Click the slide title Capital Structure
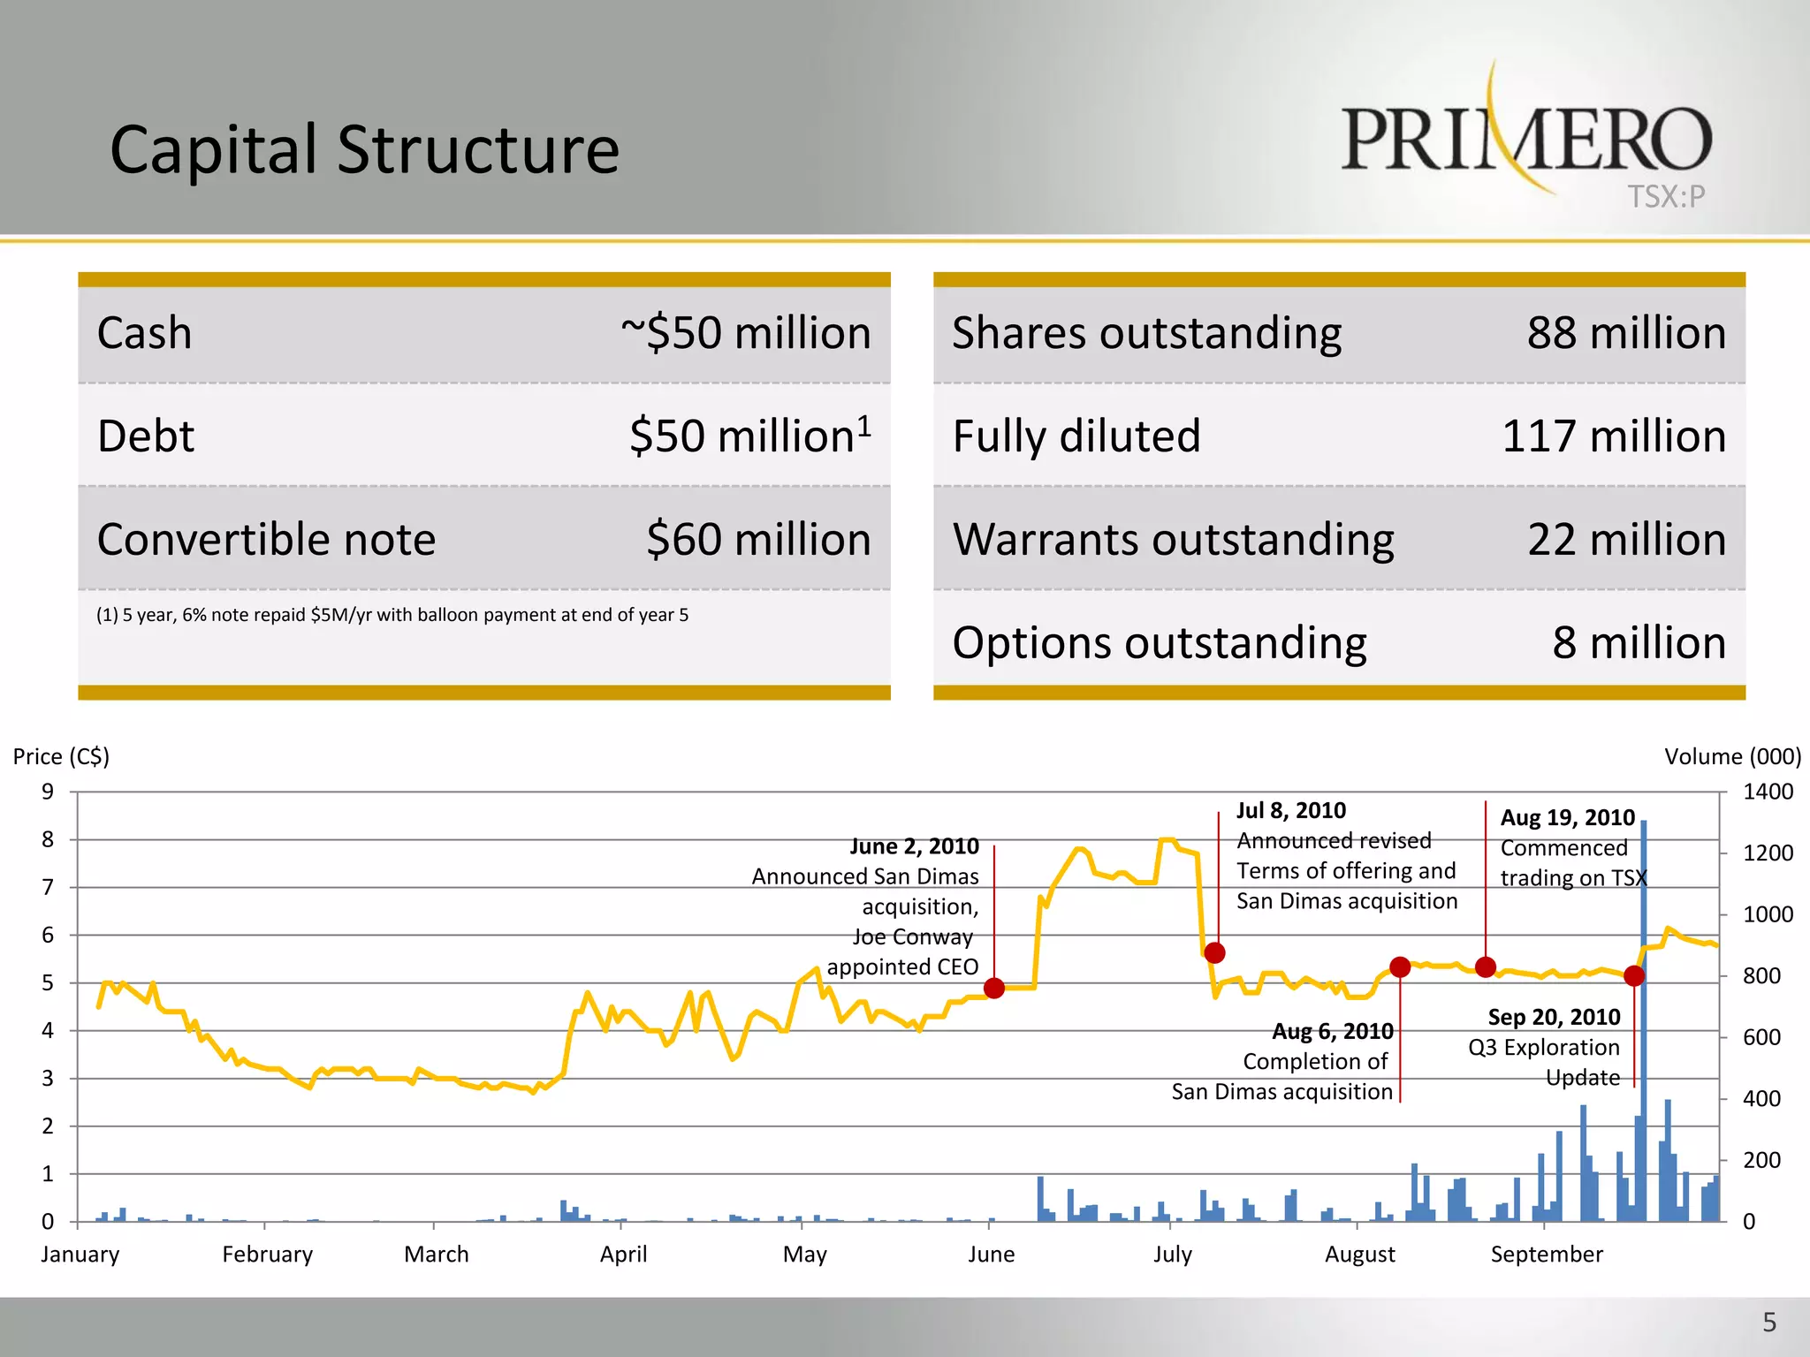click(364, 149)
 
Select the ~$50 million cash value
click(746, 333)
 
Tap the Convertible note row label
click(266, 539)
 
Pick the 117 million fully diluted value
click(1614, 436)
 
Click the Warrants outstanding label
click(1173, 539)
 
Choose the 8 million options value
click(1639, 642)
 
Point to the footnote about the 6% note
click(392, 615)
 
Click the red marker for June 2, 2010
click(994, 988)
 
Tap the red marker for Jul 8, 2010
click(1214, 952)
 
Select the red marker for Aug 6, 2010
click(1400, 967)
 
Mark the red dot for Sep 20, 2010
click(1634, 975)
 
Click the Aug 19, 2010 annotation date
click(1567, 817)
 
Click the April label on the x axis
click(623, 1254)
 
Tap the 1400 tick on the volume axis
click(1767, 792)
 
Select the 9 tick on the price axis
click(48, 792)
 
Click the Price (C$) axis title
click(61, 756)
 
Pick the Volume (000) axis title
click(1732, 756)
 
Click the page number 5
click(1768, 1323)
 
